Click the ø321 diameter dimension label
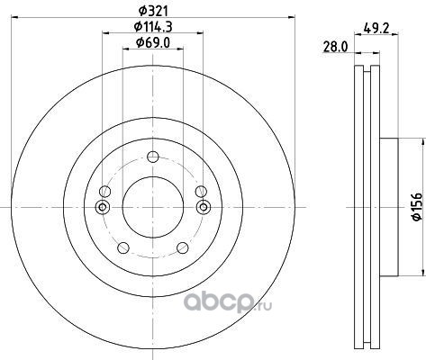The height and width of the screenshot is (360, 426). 153,11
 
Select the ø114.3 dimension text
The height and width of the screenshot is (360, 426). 153,27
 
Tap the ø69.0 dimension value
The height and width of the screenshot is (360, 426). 153,43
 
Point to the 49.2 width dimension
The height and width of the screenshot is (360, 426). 376,29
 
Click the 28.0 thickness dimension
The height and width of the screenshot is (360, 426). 335,47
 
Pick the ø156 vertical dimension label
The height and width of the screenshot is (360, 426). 418,207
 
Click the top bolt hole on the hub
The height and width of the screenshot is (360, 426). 153,157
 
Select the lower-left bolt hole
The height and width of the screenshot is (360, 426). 122,247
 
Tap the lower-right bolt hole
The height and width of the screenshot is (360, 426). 183,247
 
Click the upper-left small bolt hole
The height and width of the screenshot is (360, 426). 105,191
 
